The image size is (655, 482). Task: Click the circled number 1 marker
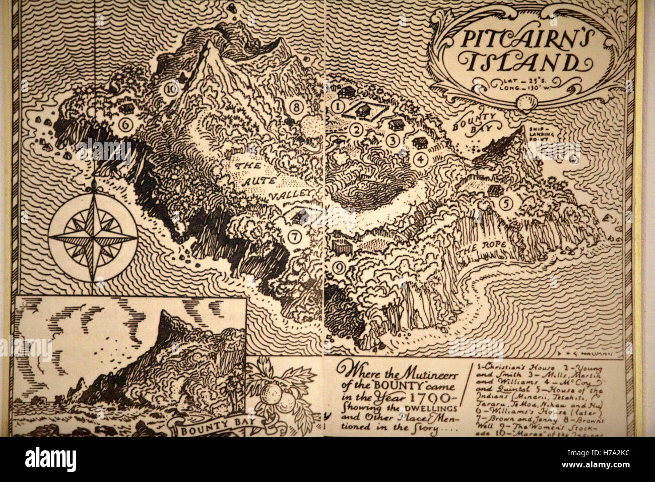338,106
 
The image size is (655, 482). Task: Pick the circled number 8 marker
295,107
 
